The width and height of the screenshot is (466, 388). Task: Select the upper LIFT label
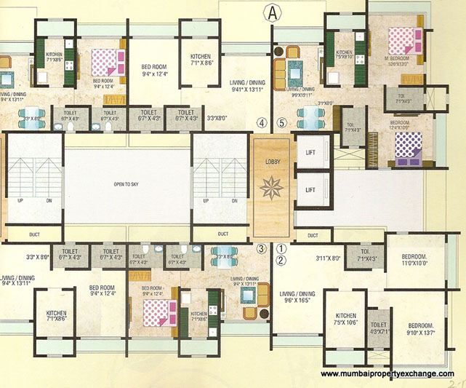click(310, 152)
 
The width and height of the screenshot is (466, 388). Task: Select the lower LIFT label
click(310, 189)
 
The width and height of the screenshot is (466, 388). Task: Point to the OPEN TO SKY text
click(127, 185)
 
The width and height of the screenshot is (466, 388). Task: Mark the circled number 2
click(281, 258)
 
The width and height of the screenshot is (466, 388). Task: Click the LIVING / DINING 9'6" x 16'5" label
click(297, 296)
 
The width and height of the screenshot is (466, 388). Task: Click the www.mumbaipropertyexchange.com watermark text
click(390, 373)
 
